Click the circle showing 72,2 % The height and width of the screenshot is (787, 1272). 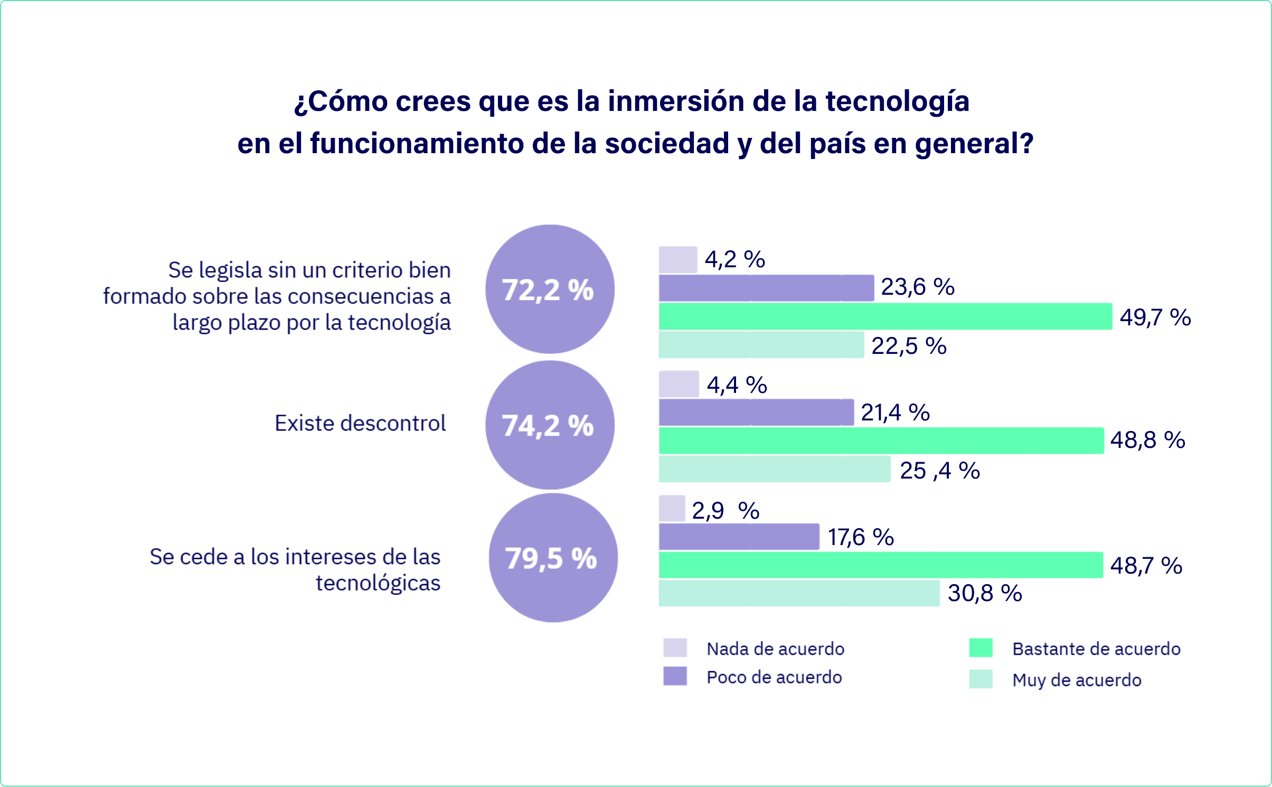point(550,289)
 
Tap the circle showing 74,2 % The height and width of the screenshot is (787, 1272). point(550,425)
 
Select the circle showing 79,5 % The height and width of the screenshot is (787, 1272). point(553,558)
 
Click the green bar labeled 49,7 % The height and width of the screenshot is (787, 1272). point(885,316)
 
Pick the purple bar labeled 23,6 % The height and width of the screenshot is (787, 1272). point(766,288)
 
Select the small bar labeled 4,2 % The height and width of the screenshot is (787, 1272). point(678,260)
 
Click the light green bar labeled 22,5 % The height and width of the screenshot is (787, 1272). point(761,345)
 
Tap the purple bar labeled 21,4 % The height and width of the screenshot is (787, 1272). point(756,413)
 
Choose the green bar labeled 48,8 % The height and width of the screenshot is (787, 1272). point(881,441)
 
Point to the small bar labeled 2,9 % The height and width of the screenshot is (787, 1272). point(672,509)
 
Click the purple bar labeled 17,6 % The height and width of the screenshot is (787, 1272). point(739,537)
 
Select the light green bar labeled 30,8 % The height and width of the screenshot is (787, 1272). point(799,593)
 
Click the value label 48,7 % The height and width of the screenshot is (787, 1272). point(1146,566)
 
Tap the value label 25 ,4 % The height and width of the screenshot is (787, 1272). point(939,471)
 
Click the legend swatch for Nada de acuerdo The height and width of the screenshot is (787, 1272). point(675,648)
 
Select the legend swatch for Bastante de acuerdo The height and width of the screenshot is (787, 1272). point(981,648)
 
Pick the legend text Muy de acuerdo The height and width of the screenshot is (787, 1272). point(1077,680)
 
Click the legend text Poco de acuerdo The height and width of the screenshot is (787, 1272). point(774,677)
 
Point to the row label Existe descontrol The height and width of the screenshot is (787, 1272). point(360,423)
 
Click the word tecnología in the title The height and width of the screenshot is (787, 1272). point(897,101)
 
